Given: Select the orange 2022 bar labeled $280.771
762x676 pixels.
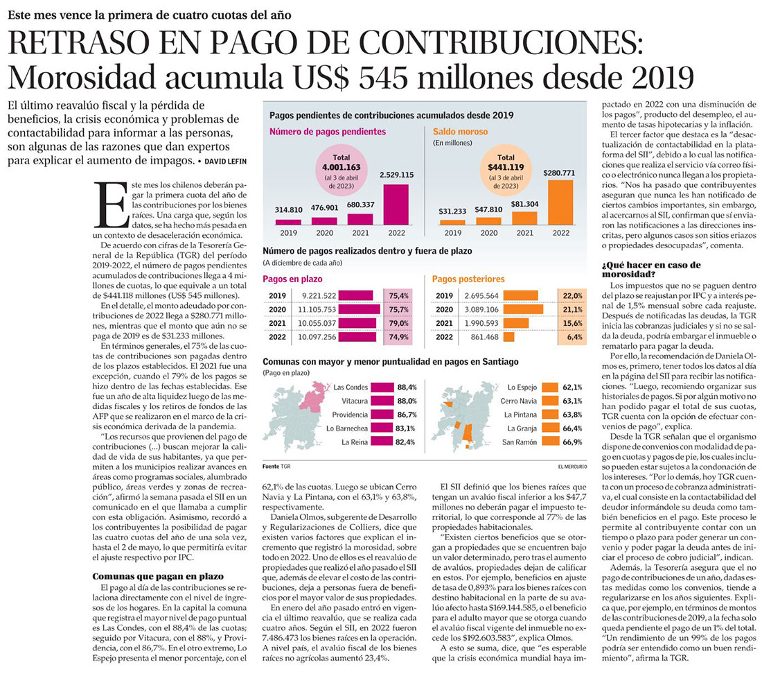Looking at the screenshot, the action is click(560, 202).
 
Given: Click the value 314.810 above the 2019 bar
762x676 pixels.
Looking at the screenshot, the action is click(289, 209).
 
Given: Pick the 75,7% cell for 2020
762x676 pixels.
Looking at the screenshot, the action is click(398, 309).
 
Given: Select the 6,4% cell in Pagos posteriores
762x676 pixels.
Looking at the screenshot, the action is click(572, 337).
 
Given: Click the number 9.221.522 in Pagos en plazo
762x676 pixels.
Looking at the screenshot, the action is click(319, 295).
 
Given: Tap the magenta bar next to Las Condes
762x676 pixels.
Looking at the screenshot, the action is click(382, 387).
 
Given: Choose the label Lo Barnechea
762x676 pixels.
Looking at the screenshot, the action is click(347, 428).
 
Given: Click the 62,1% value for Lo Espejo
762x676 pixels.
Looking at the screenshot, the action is click(572, 387).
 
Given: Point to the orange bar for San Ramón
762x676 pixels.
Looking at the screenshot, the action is click(550, 442).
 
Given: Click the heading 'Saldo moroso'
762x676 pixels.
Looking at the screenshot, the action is click(460, 131).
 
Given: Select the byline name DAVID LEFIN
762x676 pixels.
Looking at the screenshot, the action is click(226, 162).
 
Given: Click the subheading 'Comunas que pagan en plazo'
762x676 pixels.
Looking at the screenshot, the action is click(158, 576).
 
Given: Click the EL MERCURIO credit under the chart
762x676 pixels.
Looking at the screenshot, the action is click(572, 467).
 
